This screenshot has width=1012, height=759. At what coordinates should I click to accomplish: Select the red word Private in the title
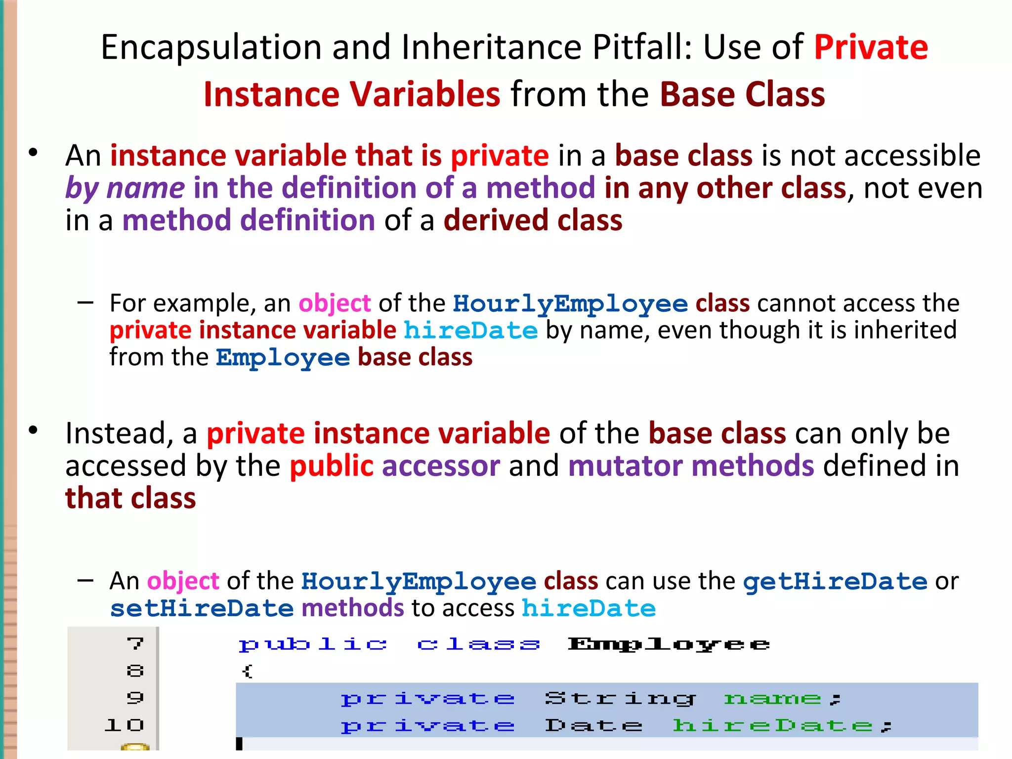pyautogui.click(x=871, y=47)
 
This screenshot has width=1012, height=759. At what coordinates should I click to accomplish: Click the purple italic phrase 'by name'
pyautogui.click(x=125, y=188)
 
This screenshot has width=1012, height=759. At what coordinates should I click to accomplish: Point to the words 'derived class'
pyautogui.click(x=533, y=220)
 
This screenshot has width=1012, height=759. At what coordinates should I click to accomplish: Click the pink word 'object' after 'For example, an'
pyautogui.click(x=335, y=303)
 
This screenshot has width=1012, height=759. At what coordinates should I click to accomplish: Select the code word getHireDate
pyautogui.click(x=835, y=581)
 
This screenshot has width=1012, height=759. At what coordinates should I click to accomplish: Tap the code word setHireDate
pyautogui.click(x=202, y=608)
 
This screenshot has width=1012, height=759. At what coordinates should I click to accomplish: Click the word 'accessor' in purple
pyautogui.click(x=441, y=466)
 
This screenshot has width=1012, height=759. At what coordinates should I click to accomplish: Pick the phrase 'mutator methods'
pyautogui.click(x=691, y=466)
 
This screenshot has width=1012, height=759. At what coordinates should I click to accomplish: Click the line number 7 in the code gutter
pyautogui.click(x=135, y=644)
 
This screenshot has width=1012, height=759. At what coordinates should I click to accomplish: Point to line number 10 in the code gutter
pyautogui.click(x=125, y=725)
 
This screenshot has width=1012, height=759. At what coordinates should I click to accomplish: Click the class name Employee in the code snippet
pyautogui.click(x=669, y=644)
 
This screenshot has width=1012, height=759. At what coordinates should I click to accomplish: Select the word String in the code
pyautogui.click(x=620, y=699)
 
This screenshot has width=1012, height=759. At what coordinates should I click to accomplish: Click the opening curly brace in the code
pyautogui.click(x=247, y=671)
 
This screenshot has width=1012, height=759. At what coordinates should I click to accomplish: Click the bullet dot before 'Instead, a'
pyautogui.click(x=33, y=430)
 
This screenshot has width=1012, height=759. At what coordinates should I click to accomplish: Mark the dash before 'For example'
pyautogui.click(x=85, y=302)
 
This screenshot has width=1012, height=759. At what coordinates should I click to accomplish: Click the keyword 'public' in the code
pyautogui.click(x=312, y=644)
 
